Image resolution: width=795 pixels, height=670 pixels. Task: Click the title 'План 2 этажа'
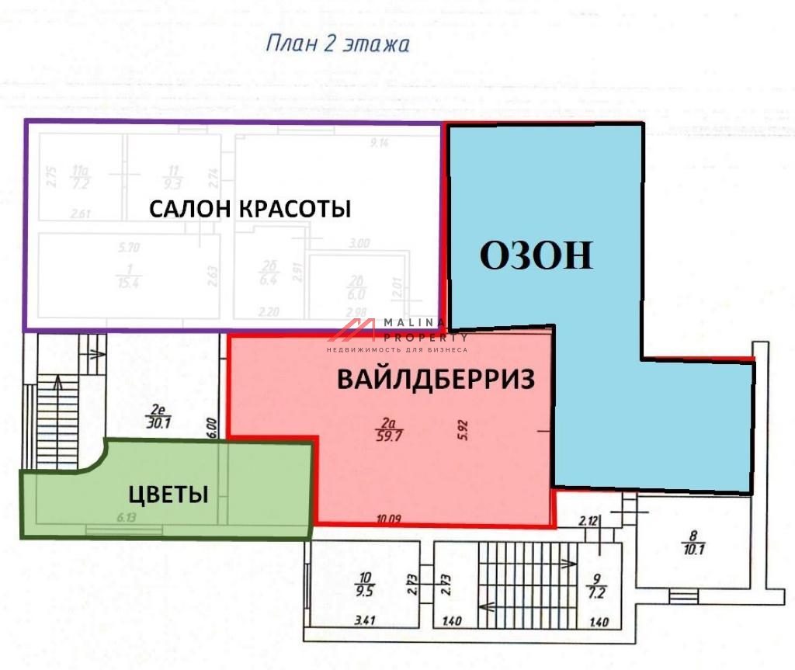(338, 43)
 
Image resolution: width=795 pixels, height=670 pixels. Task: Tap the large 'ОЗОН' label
(536, 255)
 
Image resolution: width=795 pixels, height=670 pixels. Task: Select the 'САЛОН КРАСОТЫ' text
(249, 209)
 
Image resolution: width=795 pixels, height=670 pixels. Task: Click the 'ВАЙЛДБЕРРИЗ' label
(436, 380)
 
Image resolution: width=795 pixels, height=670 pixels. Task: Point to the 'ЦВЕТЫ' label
(168, 494)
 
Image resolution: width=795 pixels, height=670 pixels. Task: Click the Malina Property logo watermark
(396, 332)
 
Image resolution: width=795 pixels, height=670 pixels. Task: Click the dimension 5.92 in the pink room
(464, 429)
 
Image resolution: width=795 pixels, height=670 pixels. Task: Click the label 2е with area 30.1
(158, 417)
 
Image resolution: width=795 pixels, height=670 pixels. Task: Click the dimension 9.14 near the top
(380, 143)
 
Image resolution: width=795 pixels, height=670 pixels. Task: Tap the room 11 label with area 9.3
(173, 179)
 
